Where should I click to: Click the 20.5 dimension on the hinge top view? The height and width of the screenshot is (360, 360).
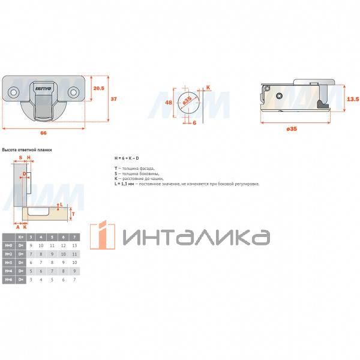point(98,88)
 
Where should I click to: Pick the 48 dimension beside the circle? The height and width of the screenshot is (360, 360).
point(169,103)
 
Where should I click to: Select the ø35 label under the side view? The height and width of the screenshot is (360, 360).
point(292,129)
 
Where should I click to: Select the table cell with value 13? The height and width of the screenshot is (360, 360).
point(74,246)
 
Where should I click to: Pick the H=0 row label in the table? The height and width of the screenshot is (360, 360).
point(8,246)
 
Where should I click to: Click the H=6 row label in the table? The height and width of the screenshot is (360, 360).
point(8,280)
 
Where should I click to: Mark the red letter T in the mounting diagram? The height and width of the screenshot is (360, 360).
point(73,213)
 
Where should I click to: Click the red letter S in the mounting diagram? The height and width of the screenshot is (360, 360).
point(20,157)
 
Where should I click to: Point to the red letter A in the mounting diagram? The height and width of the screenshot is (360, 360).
point(18,227)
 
